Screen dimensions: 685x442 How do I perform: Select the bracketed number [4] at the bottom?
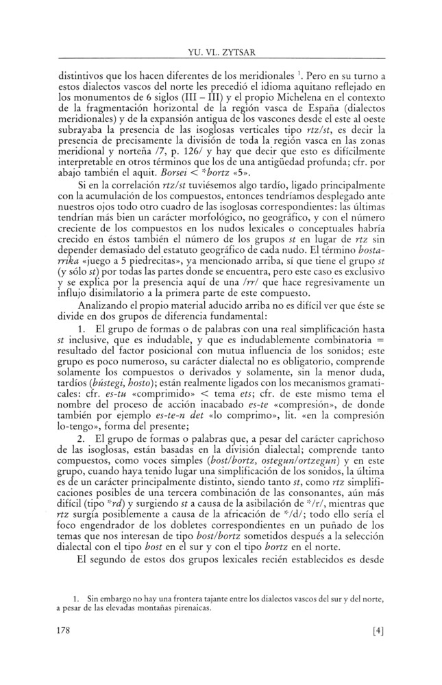point(372,651)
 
